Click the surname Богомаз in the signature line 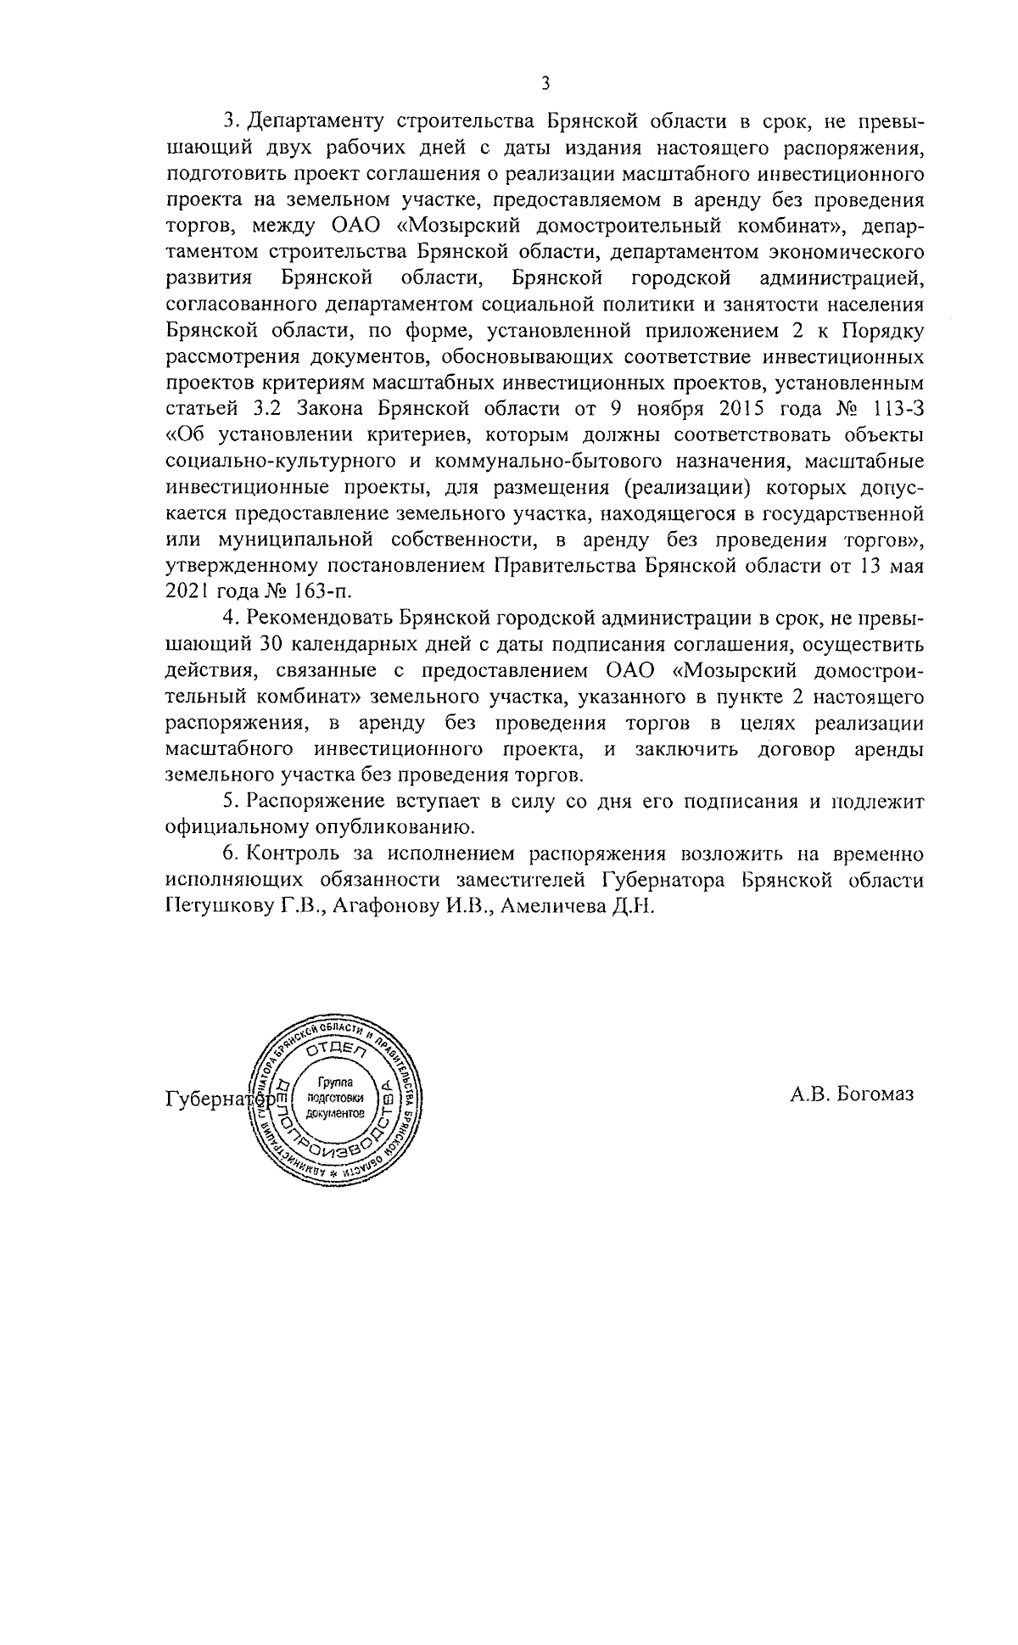click(x=875, y=1094)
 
